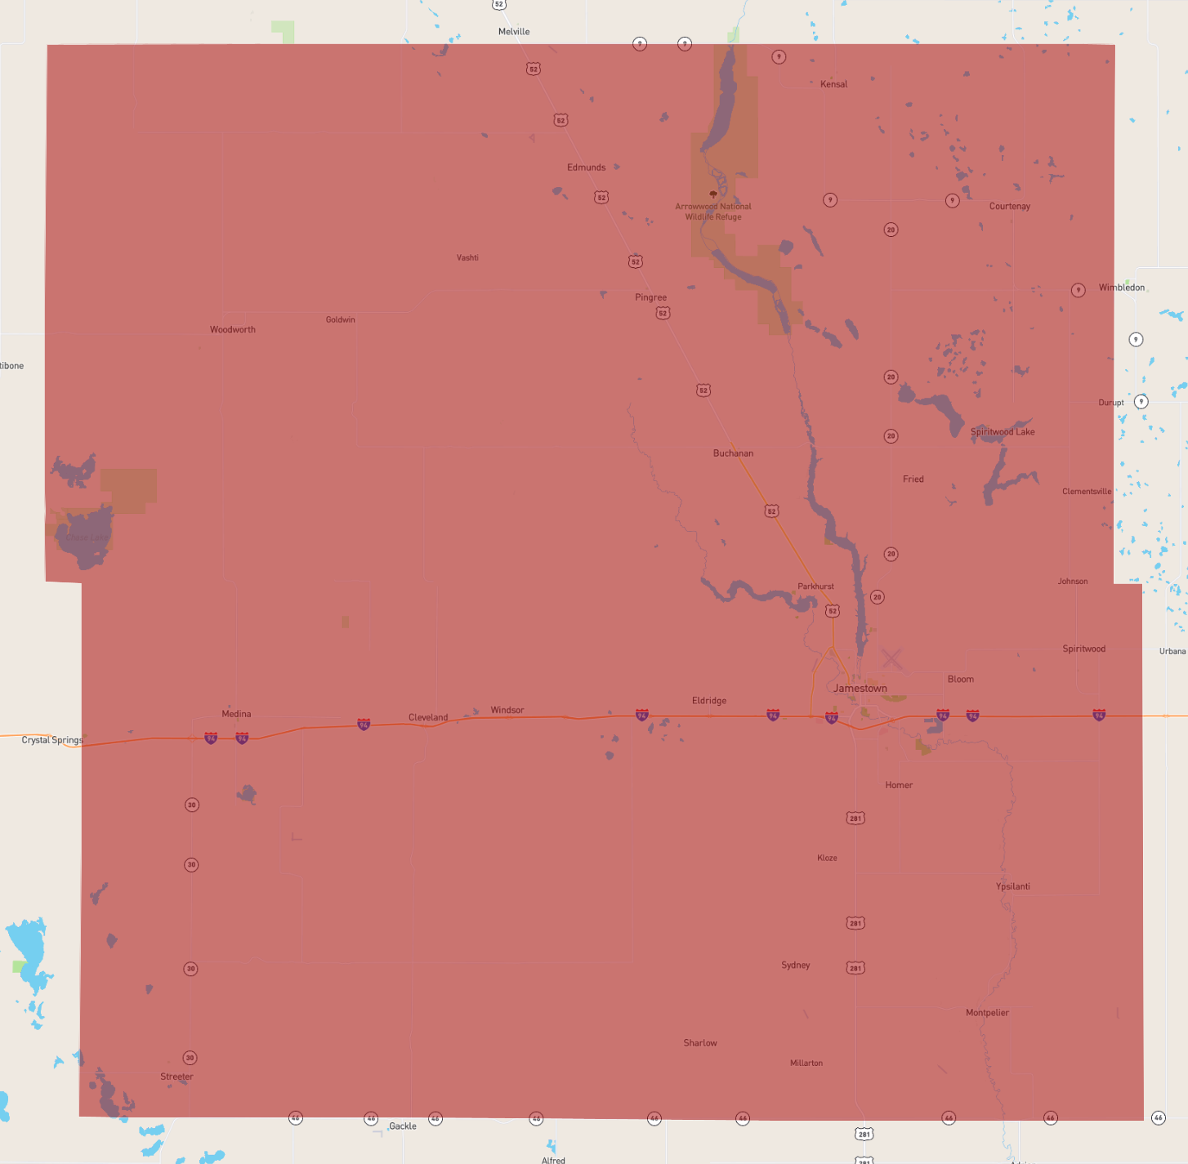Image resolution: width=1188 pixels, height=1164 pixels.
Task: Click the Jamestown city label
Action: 860,689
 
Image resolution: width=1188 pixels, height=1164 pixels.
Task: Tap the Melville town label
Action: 514,32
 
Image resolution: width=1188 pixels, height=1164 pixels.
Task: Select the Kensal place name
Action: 833,84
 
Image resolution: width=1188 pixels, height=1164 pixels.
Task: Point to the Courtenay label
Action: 1009,207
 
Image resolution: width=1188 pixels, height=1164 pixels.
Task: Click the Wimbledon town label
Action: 1121,288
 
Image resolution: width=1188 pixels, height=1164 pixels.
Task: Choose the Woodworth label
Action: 233,330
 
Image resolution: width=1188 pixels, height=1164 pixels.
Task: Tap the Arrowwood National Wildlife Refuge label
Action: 713,212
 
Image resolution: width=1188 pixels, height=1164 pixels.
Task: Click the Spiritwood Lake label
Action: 1002,432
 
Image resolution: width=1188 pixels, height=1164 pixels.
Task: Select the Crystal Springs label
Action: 52,740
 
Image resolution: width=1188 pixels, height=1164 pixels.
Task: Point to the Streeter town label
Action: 176,1077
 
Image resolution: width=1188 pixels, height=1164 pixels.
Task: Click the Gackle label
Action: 403,1126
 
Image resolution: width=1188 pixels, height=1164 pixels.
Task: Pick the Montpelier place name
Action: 987,1013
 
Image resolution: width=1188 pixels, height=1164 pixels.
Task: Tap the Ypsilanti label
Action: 1012,887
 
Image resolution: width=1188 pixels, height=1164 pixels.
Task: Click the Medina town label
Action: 236,714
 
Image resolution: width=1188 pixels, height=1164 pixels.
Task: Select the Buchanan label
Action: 733,453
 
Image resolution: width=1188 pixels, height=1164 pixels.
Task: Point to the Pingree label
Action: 650,297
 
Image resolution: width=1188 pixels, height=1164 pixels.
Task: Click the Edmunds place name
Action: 587,167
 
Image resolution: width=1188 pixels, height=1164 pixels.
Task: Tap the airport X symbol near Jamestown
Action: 891,658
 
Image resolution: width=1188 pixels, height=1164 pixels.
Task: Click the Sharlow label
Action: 700,1043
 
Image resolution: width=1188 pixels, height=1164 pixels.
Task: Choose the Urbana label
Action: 1172,652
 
